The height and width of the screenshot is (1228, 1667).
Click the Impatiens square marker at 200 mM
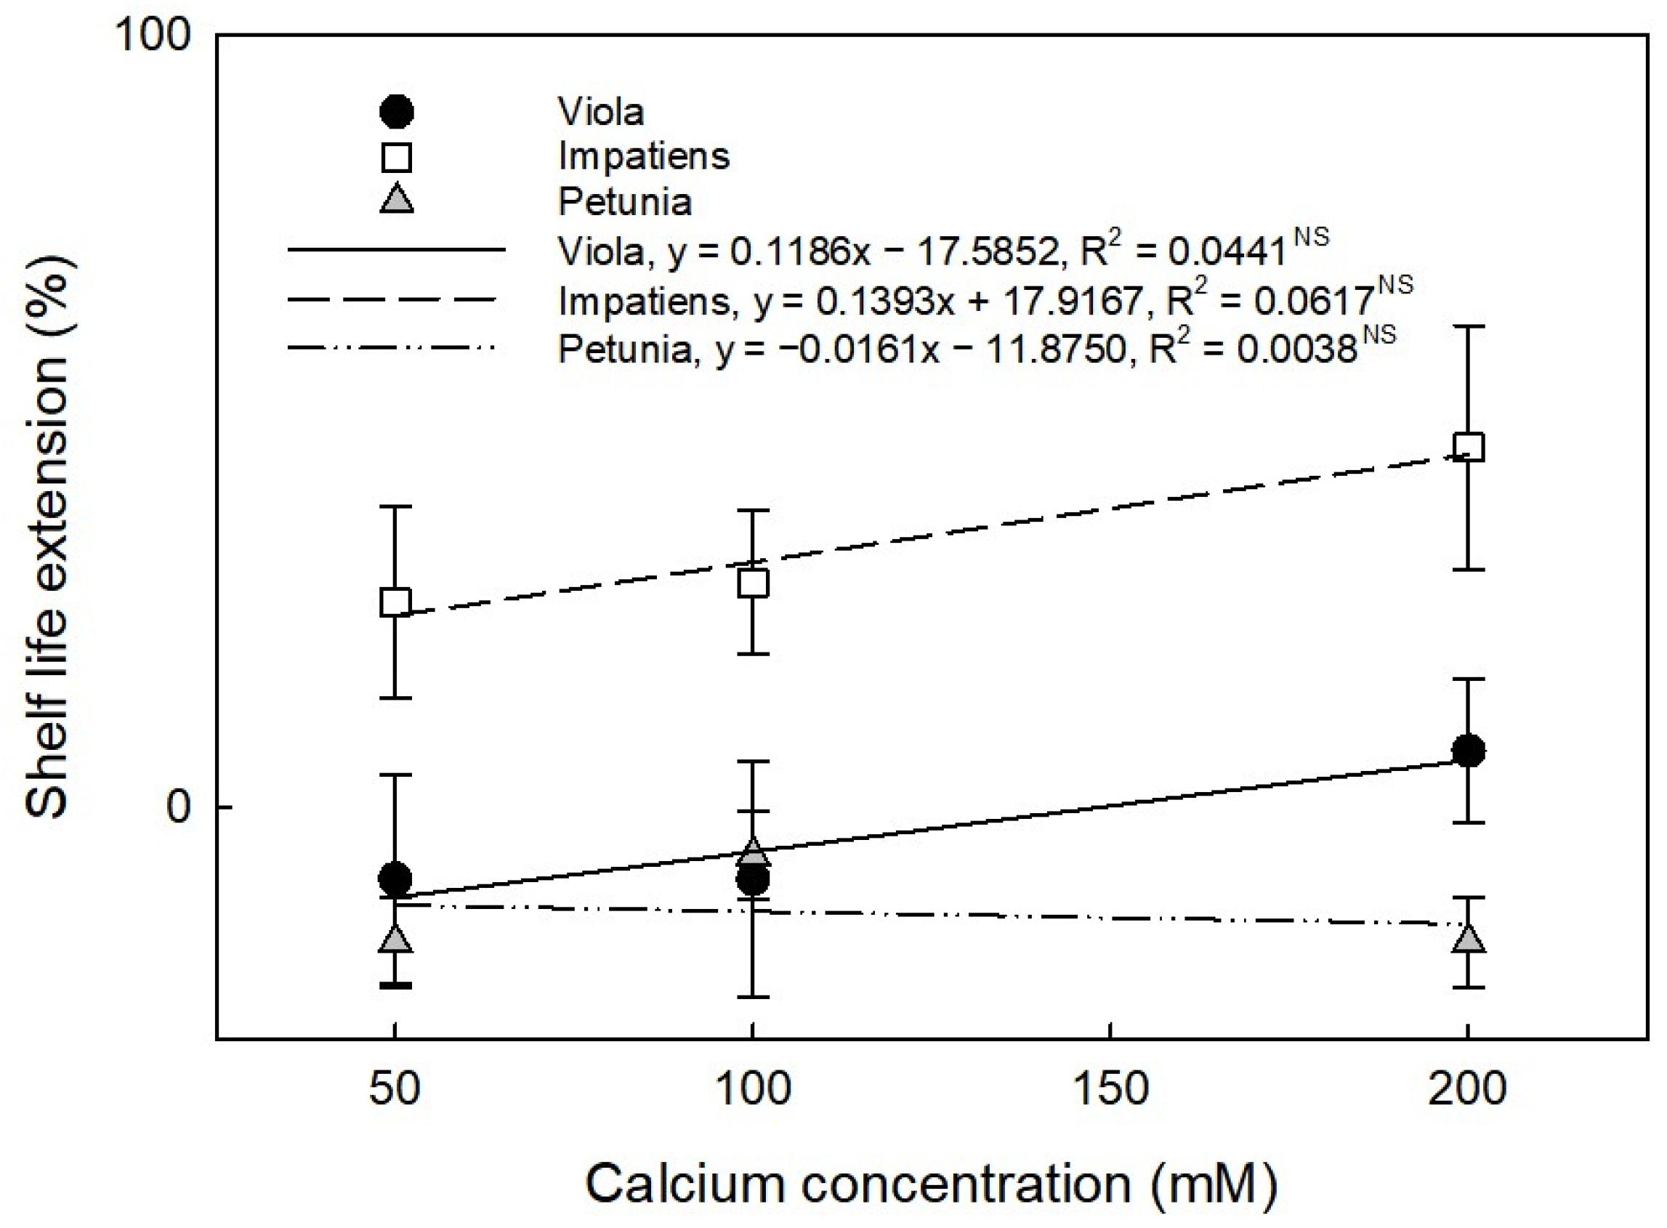click(1468, 448)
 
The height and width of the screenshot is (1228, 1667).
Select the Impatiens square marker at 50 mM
click(395, 602)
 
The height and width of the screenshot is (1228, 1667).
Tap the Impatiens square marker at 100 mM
click(753, 583)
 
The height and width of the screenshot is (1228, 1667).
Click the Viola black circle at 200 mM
click(1468, 751)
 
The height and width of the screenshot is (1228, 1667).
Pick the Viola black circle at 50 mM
click(395, 879)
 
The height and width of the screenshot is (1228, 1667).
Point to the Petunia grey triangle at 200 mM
click(1468, 940)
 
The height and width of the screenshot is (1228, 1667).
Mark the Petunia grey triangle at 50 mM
click(395, 940)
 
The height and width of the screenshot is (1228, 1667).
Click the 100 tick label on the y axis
click(153, 36)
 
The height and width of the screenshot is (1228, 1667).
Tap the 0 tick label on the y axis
click(178, 807)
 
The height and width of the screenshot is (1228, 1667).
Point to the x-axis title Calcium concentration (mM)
click(931, 1184)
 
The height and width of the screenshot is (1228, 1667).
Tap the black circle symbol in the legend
click(396, 112)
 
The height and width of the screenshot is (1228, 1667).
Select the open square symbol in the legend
click(396, 158)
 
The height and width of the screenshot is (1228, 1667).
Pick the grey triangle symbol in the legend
click(396, 200)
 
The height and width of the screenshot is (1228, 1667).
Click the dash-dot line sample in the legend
click(392, 347)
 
